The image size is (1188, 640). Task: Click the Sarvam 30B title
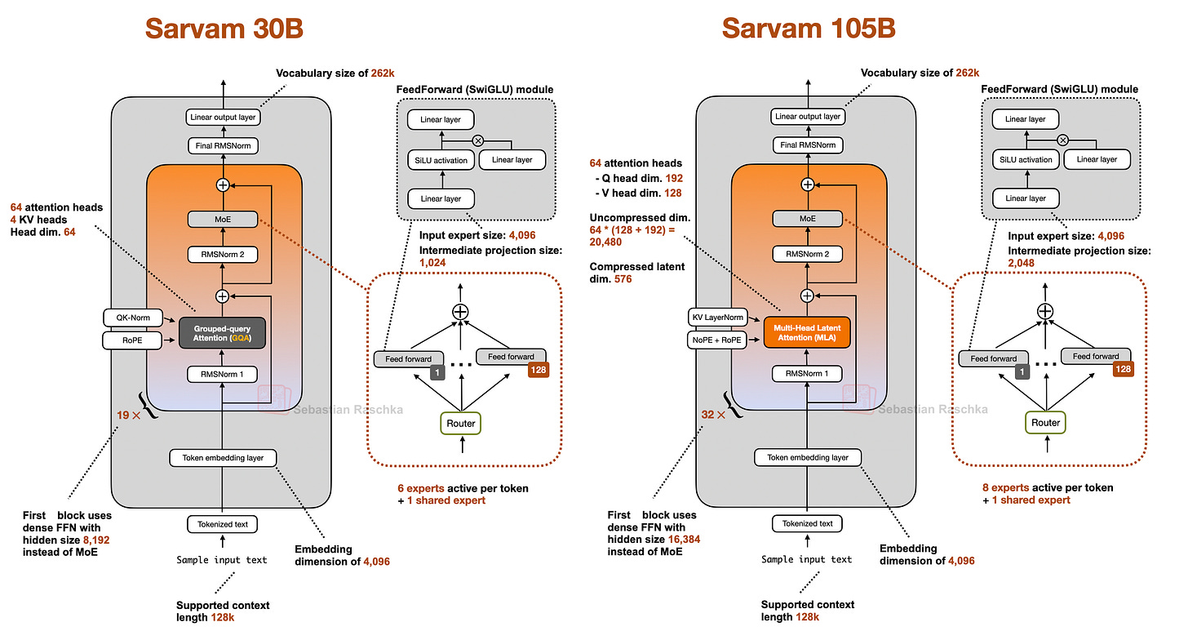coord(224,29)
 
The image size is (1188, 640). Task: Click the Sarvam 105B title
coord(809,29)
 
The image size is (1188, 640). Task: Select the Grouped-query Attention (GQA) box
coord(223,332)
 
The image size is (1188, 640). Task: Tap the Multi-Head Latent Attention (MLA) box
coord(807,332)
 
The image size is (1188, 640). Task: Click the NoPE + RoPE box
coord(716,339)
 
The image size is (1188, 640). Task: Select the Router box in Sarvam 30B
coord(461,423)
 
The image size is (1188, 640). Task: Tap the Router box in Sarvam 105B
coord(1045,423)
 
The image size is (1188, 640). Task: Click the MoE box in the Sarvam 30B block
coord(223,220)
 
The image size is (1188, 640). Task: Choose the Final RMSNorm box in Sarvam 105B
coord(807,145)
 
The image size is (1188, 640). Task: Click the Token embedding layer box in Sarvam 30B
coord(223,457)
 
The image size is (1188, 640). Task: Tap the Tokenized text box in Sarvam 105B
coord(807,523)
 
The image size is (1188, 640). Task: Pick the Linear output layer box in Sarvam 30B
coord(223,117)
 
